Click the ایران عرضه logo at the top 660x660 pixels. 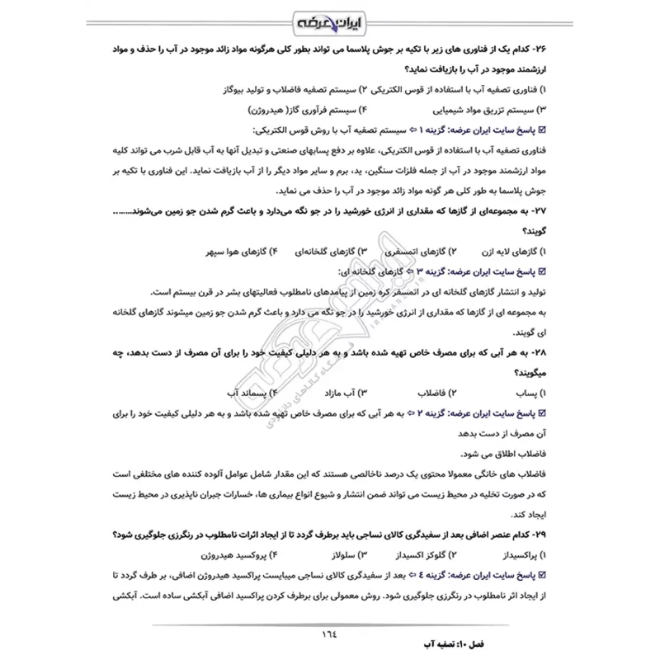pyautogui.click(x=330, y=20)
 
